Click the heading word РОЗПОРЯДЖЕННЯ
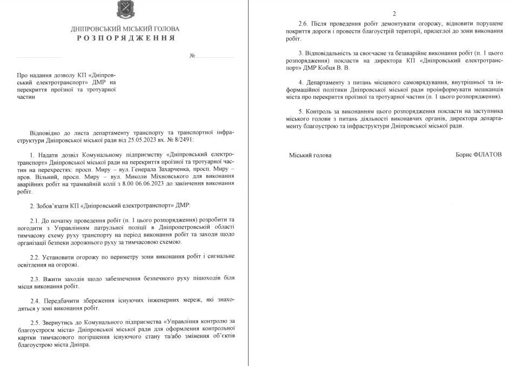tap(125, 38)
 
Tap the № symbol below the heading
tap(192, 56)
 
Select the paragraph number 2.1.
tap(36, 221)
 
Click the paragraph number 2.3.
tap(36, 278)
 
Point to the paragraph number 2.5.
tap(36, 322)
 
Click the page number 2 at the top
tap(394, 13)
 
